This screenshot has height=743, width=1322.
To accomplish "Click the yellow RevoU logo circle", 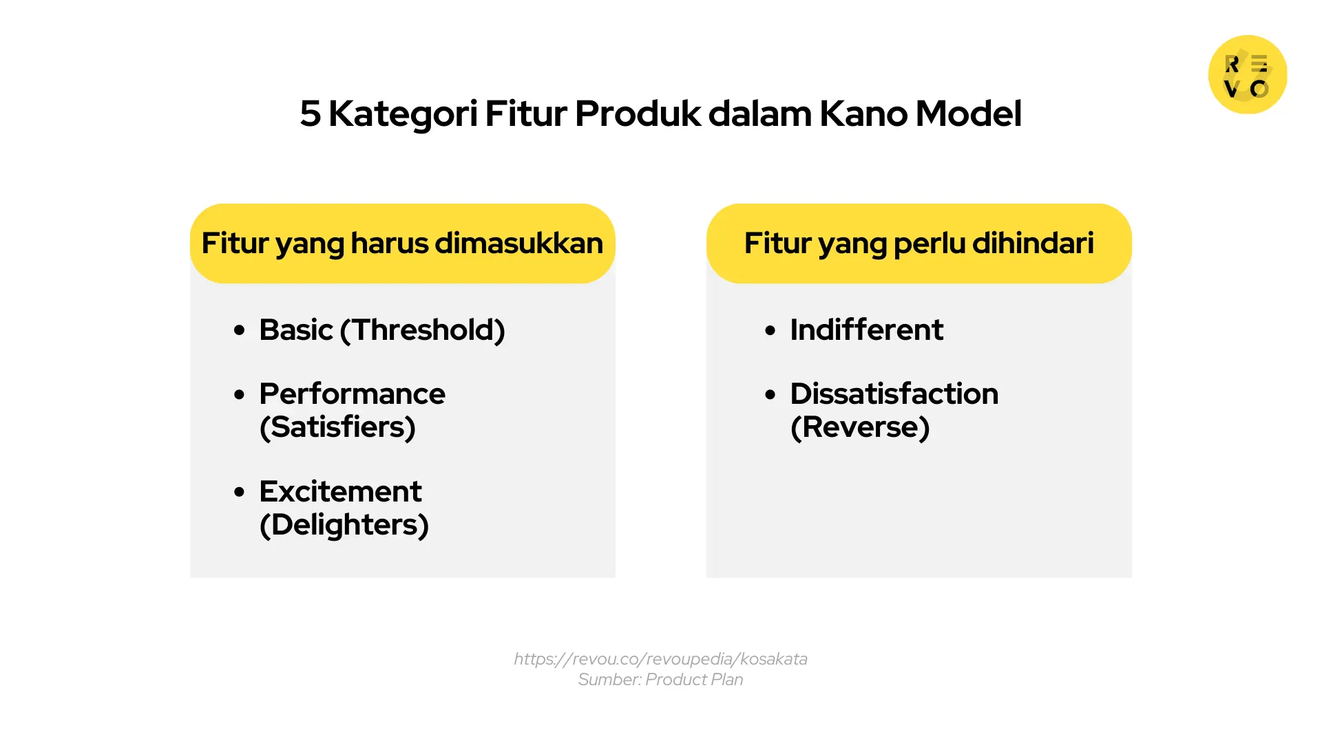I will (x=1248, y=74).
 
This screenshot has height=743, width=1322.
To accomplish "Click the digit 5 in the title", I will (x=310, y=114).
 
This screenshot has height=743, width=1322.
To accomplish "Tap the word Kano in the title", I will (x=863, y=114).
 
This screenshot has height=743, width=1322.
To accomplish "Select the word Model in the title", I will (x=968, y=114).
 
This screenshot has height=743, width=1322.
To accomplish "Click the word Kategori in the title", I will (x=403, y=115).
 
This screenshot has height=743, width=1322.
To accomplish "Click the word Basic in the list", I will (x=296, y=330).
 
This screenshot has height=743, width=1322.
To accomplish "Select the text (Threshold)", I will (x=423, y=330).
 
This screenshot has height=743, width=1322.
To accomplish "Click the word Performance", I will (x=352, y=394).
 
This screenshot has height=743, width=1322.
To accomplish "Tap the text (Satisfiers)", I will (x=337, y=427).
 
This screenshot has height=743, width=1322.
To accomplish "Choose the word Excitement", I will (x=340, y=492).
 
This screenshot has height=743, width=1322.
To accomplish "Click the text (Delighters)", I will (x=344, y=525).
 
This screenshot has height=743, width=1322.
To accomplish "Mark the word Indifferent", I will (x=866, y=330).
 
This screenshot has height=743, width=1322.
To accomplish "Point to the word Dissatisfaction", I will (x=894, y=394).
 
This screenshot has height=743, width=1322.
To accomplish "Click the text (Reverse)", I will (x=860, y=427).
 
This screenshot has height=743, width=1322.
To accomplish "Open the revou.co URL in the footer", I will (x=660, y=659).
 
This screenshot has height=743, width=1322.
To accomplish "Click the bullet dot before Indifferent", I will (x=770, y=331).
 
